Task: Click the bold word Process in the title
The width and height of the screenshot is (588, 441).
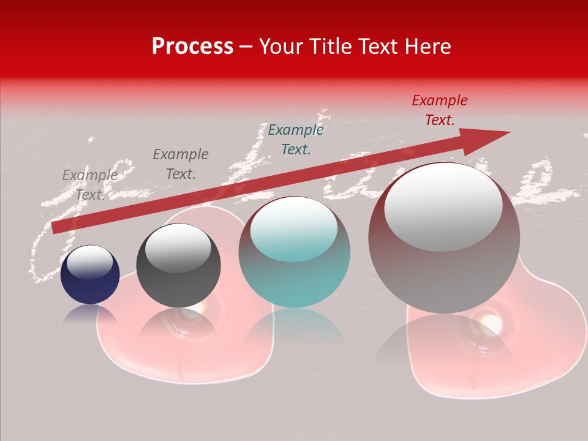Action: coord(192,47)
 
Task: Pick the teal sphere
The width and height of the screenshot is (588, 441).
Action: coord(294,252)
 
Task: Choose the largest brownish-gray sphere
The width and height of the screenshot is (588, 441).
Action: coord(444,239)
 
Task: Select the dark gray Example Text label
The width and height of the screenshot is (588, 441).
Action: coord(181,164)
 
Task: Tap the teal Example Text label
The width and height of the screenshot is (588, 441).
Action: coord(296,139)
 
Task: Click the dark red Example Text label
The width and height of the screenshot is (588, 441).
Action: coord(440,110)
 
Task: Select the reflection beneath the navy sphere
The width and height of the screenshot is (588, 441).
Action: coord(90,315)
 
